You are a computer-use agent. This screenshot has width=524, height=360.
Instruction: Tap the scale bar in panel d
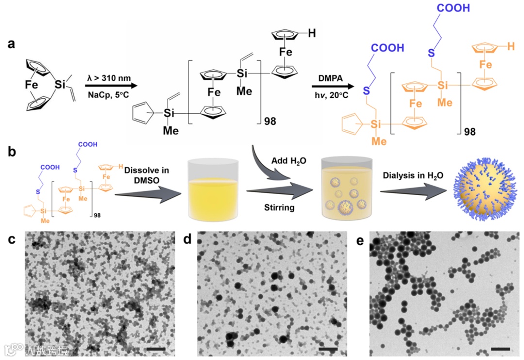pyautogui.click(x=328, y=349)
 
